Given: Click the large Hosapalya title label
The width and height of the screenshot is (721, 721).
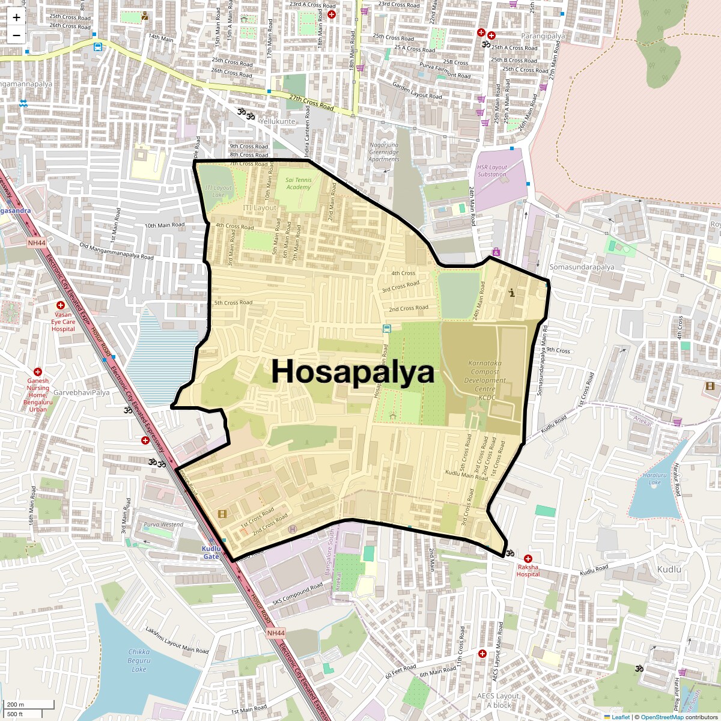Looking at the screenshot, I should point(353,371).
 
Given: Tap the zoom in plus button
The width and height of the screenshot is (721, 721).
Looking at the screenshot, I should point(16,17).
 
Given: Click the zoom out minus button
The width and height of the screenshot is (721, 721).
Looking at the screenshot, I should point(16,35).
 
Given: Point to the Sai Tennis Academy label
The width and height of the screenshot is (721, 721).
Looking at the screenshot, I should point(299,183).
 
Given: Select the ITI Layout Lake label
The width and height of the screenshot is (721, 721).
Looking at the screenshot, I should point(218,191).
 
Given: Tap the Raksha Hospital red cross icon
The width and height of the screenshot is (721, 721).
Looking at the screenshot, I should point(528,559).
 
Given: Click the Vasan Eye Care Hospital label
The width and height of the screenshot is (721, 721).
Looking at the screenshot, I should point(63,321).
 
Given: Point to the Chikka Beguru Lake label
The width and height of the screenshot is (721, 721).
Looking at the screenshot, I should point(139,660).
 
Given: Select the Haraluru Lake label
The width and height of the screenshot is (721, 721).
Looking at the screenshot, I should point(654,479).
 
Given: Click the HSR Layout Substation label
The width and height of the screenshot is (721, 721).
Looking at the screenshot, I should point(492,171).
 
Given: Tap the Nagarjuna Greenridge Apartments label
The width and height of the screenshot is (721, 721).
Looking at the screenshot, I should point(384,152).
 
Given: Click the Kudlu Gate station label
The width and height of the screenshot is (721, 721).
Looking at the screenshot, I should point(211,553).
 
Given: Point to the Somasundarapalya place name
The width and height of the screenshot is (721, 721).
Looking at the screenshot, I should point(582,267).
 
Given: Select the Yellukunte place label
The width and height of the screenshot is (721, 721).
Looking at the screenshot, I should point(277,121).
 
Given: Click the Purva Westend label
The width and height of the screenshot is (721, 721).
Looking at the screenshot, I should point(163,525).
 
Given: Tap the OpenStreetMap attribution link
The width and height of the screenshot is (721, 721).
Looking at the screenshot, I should point(662,717).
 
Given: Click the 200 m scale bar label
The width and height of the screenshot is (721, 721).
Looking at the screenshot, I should point(16,705).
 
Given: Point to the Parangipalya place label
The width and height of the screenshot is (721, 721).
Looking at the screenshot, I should point(543,36).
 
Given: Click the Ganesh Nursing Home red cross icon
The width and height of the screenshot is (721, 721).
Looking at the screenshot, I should point(38,373).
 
